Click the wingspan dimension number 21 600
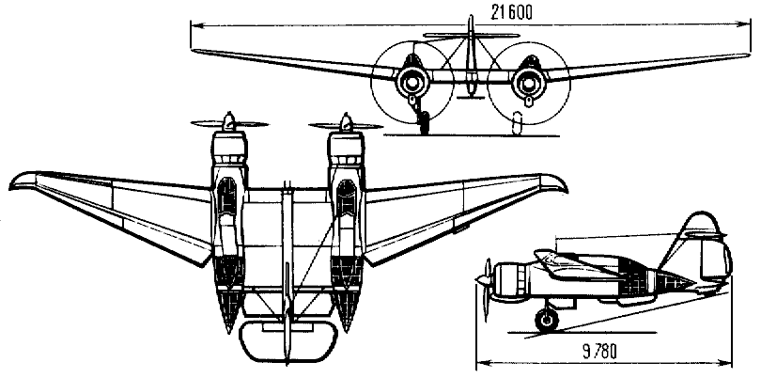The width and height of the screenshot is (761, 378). click(x=510, y=12)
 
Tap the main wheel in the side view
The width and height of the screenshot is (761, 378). click(x=547, y=321)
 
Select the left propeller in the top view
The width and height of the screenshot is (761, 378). click(x=229, y=123)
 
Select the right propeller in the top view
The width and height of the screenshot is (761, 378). click(x=346, y=125)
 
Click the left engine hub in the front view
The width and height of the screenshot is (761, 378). click(x=412, y=83)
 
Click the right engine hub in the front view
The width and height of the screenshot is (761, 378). click(x=528, y=83)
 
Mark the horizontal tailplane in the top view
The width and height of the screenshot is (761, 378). click(x=288, y=341)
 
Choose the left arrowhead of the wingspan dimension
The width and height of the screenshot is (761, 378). click(x=195, y=24)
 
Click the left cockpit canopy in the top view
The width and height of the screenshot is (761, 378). click(x=227, y=197)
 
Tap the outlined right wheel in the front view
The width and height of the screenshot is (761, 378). click(x=518, y=122)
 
